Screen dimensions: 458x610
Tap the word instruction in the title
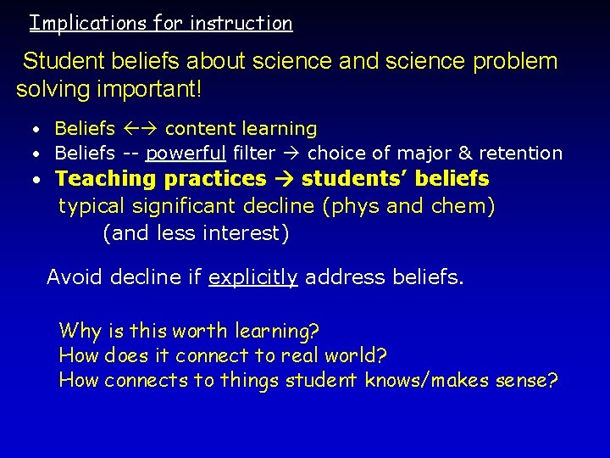[241, 23]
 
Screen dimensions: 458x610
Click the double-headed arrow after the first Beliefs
[140, 129]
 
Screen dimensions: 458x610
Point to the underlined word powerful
[185, 154]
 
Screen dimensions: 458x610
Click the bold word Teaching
[107, 179]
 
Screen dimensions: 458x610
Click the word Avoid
[72, 276]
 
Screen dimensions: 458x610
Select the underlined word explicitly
[252, 277]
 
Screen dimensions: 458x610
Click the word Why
[80, 331]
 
